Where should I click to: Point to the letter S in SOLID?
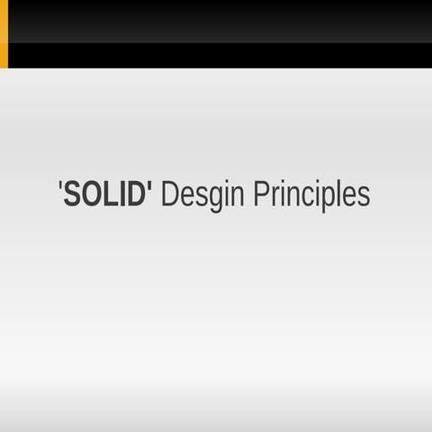(72, 194)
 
